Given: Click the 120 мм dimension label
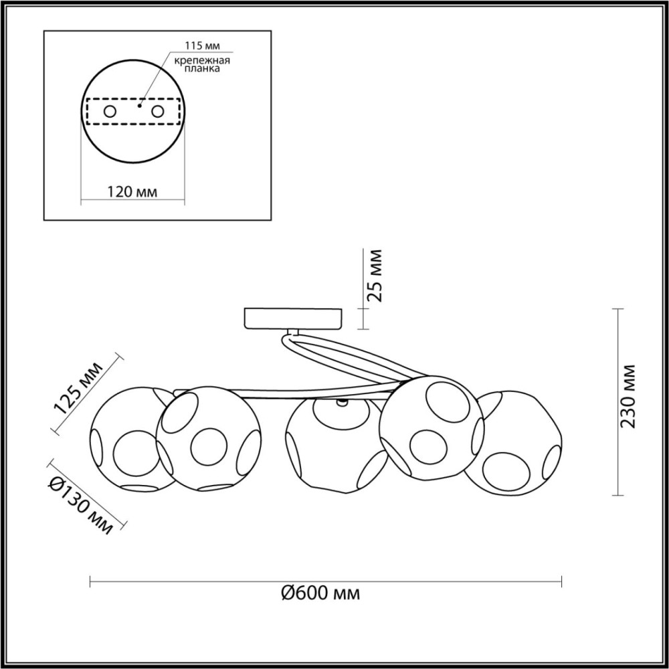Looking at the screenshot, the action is coord(132,192).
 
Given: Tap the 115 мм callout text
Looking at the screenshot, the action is coord(202,45).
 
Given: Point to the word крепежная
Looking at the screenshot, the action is coord(202,60).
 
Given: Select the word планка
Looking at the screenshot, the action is coord(202,69).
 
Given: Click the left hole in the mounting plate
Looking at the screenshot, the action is coord(110,112).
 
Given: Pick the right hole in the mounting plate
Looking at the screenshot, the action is coord(157,112).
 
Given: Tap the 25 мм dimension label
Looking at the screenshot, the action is coord(376,276).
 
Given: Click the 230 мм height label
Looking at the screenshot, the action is coord(628,396).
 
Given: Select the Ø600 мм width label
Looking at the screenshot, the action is coord(320,593).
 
